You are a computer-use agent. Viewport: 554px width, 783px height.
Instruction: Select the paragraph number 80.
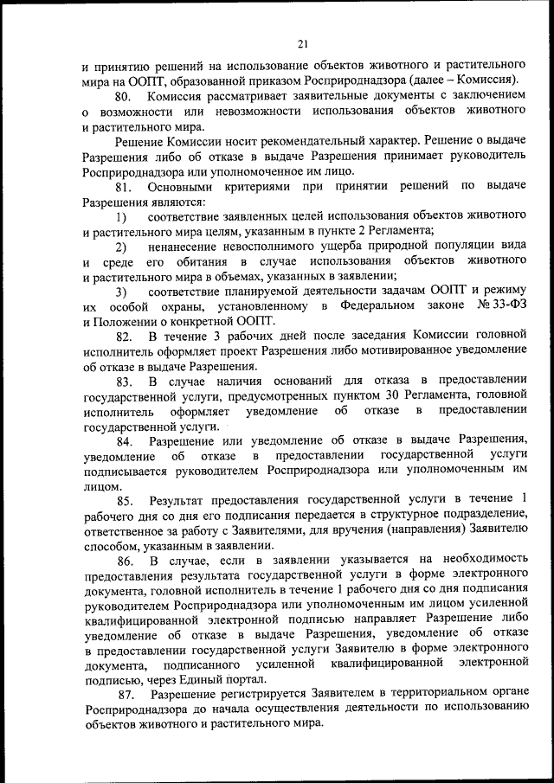124,96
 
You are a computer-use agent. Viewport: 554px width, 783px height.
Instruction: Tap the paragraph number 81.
124,187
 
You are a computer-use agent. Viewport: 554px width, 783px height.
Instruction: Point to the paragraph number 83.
124,382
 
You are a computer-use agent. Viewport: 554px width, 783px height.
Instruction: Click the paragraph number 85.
124,499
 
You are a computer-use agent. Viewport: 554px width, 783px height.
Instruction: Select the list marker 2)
121,247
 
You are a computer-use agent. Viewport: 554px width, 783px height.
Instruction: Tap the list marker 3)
121,291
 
